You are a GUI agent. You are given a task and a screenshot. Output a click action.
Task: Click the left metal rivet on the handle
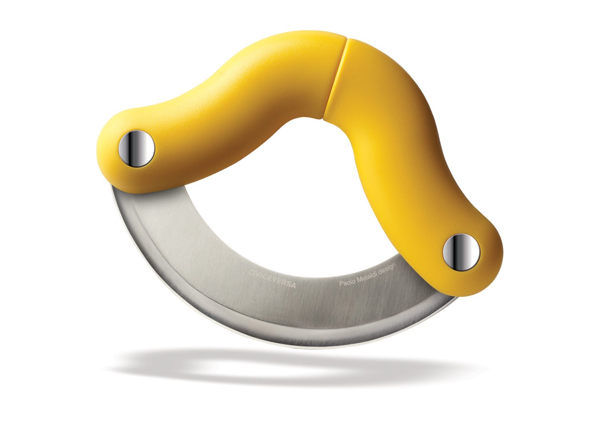click(x=137, y=148)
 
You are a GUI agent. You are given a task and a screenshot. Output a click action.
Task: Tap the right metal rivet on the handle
click(x=461, y=252)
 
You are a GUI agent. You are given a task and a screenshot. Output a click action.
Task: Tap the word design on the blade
click(x=387, y=268)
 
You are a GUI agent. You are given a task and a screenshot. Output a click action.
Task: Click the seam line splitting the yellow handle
click(x=335, y=80)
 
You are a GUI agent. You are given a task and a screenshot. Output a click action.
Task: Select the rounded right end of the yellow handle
click(x=493, y=256)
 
